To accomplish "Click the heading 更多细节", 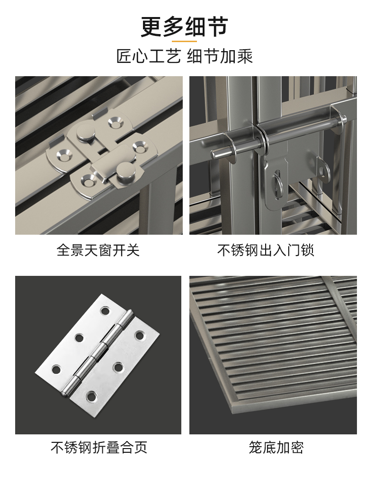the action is [x=184, y=27].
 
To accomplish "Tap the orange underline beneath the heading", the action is [x=184, y=41].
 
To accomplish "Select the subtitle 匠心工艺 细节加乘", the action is [x=185, y=57].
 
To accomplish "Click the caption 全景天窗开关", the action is [x=98, y=250].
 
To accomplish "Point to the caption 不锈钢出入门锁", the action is [x=266, y=250].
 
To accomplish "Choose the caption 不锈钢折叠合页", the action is [x=99, y=447].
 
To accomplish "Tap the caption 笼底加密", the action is [x=276, y=447].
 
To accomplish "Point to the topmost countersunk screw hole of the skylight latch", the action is [x=116, y=123].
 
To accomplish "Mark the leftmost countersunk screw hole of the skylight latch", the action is [x=64, y=156].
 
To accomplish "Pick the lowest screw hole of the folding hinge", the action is [x=90, y=396].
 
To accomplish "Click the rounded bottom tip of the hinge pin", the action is [x=63, y=394].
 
